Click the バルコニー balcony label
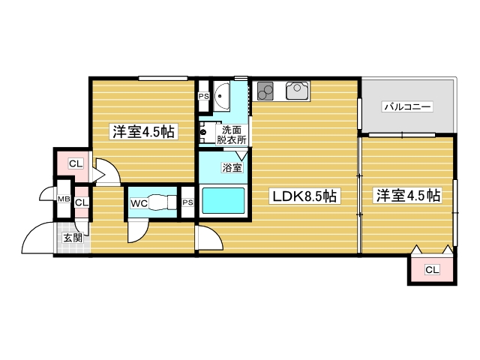pyautogui.click(x=407, y=107)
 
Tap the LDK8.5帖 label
pyautogui.click(x=306, y=196)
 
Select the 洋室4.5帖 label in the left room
pyautogui.click(x=144, y=132)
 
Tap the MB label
pyautogui.click(x=64, y=201)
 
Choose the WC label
pyautogui.click(x=138, y=202)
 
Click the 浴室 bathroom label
pyautogui.click(x=232, y=168)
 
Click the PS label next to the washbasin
pyautogui.click(x=203, y=96)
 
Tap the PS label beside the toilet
pyautogui.click(x=187, y=202)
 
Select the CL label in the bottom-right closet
pyautogui.click(x=432, y=269)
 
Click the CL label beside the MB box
pyautogui.click(x=81, y=202)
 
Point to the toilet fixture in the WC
pyautogui.click(x=161, y=202)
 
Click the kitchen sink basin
pyautogui.click(x=295, y=91)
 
